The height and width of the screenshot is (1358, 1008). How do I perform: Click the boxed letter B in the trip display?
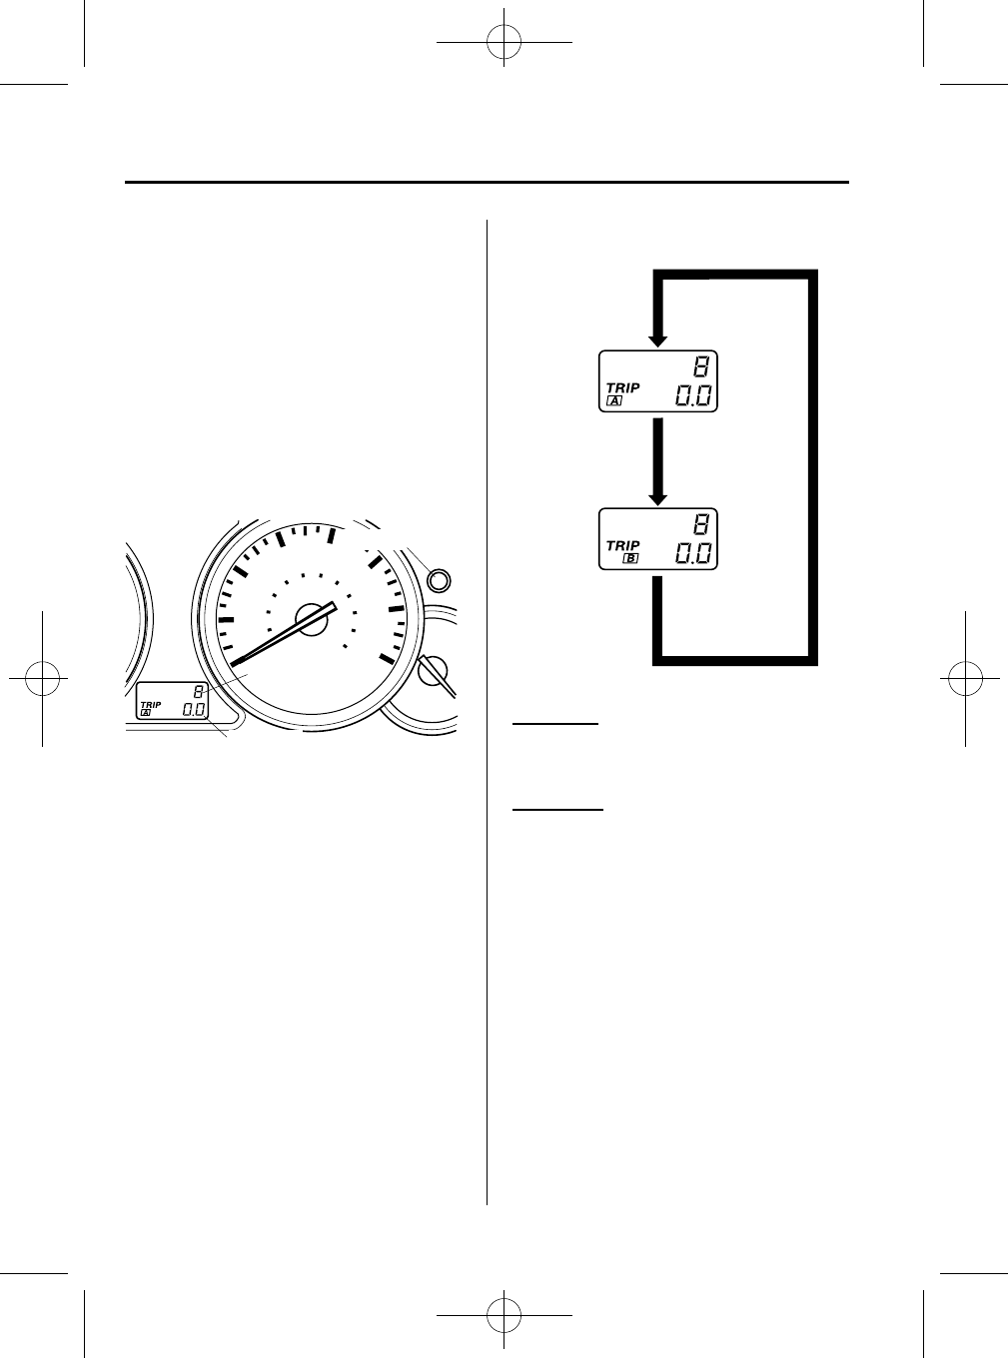coord(629,558)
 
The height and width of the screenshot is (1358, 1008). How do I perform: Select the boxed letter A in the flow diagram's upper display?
coord(613,400)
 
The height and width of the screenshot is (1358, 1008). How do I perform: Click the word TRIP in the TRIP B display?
coord(622,545)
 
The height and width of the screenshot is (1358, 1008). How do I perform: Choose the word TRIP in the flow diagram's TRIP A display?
coord(622,387)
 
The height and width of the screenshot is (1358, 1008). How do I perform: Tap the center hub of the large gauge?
coord(313,619)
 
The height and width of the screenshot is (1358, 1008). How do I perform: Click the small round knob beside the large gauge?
coord(437,579)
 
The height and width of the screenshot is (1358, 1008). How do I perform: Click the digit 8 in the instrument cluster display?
coord(199,692)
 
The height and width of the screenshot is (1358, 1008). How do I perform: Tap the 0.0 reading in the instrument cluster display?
coord(194,710)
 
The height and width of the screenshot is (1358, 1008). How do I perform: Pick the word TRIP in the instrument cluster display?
coord(151,704)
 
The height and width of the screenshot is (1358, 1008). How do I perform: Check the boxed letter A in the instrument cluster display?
coord(146,713)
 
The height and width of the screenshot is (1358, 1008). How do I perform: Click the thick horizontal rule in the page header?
coord(487,183)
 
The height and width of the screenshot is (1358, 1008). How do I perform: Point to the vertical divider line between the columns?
coord(488,699)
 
